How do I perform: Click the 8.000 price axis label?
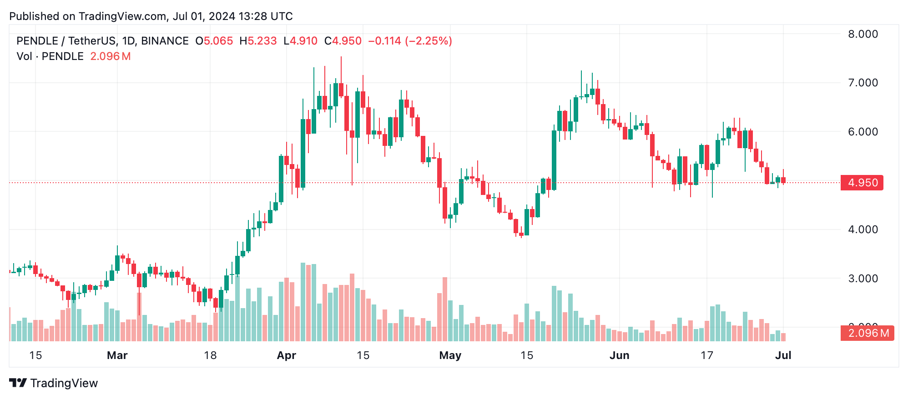(x=863, y=34)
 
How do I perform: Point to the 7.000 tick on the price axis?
(x=863, y=83)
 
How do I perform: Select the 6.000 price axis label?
(x=863, y=132)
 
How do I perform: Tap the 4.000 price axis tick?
(x=863, y=229)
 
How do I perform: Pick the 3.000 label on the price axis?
(x=863, y=279)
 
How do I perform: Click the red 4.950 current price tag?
(x=862, y=183)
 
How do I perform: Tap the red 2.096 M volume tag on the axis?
(x=868, y=333)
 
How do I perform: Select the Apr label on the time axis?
(x=287, y=355)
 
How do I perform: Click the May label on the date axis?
(x=450, y=355)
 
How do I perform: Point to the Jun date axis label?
(x=619, y=355)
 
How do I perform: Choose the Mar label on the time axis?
(x=117, y=355)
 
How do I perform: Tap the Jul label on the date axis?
(x=783, y=355)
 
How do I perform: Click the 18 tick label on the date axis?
(x=210, y=355)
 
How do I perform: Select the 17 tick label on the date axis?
(x=706, y=355)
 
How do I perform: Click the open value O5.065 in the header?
(x=214, y=41)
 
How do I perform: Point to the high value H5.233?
(x=258, y=41)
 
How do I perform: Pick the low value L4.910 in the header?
(x=300, y=41)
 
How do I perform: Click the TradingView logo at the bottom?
(x=54, y=383)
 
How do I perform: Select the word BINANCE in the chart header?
(x=165, y=41)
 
